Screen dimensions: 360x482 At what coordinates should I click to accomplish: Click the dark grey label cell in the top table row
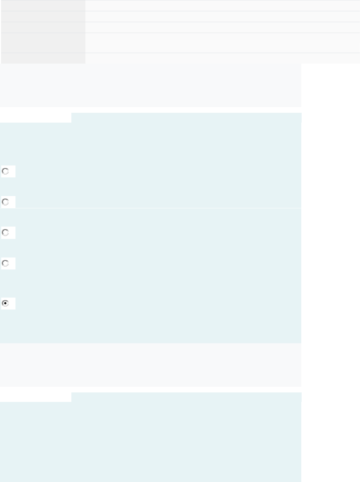pos(43,5)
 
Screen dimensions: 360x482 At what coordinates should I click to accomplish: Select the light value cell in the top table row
pos(223,5)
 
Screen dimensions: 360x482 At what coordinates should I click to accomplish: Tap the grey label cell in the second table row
pos(43,17)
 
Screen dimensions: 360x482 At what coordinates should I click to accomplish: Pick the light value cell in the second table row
pos(223,17)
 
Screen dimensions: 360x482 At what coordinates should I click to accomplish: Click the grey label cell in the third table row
pos(43,27)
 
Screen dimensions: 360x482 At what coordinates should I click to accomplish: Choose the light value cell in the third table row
pos(223,27)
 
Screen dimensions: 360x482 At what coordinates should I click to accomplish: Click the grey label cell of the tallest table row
pos(43,43)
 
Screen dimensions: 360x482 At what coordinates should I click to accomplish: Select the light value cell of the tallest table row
pos(223,43)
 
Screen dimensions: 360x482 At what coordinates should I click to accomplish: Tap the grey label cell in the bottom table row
pos(43,58)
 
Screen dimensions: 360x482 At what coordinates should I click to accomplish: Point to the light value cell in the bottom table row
pos(223,58)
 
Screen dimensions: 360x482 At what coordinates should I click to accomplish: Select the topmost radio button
pos(5,171)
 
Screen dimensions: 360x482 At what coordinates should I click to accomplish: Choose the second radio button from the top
pos(5,202)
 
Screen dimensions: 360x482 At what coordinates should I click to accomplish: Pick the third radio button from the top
pos(5,233)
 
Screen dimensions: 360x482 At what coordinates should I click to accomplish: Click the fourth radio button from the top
pos(5,263)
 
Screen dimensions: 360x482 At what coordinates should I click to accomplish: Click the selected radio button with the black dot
pos(5,303)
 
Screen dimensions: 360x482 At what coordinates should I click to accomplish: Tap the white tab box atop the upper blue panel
pos(36,118)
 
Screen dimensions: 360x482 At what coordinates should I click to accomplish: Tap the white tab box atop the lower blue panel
pos(36,397)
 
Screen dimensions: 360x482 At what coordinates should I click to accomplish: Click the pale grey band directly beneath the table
pos(150,85)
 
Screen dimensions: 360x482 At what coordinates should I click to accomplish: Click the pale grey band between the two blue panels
pos(150,365)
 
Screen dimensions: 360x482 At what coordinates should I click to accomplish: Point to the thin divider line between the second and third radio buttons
pos(150,208)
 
